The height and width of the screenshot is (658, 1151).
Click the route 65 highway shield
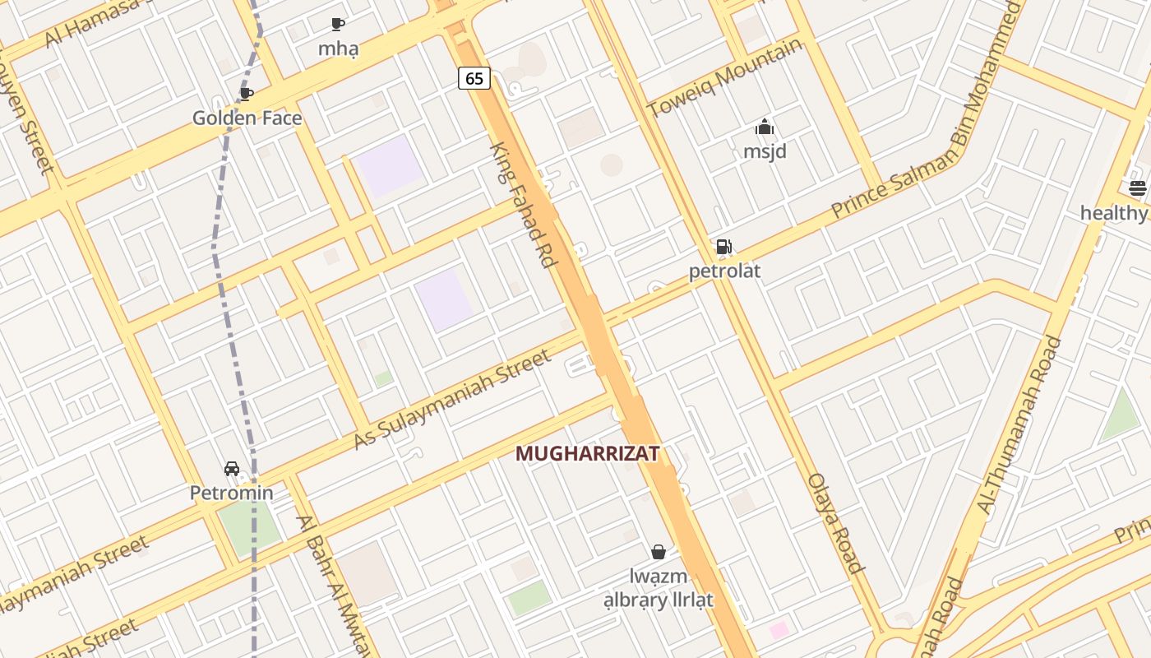pos(474,78)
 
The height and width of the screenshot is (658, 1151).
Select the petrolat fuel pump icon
pos(724,247)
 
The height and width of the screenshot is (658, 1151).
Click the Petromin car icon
pos(232,469)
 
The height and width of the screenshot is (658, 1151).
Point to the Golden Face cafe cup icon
pos(246,94)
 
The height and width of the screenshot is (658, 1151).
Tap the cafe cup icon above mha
pos(338,24)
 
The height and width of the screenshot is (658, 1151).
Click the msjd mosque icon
pos(765,127)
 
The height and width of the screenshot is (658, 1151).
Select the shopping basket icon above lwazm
pos(659,551)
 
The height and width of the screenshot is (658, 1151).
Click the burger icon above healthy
pos(1138,188)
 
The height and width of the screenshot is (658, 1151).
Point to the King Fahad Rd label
pos(523,205)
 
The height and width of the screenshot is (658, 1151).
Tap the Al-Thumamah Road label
pos(1019,425)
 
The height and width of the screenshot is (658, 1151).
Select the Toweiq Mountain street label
pos(724,78)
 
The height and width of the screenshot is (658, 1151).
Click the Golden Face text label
pos(247,118)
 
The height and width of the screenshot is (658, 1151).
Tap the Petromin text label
pos(231,493)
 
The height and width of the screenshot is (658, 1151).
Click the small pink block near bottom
pos(779,631)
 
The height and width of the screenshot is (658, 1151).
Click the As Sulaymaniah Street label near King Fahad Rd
pos(451,400)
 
